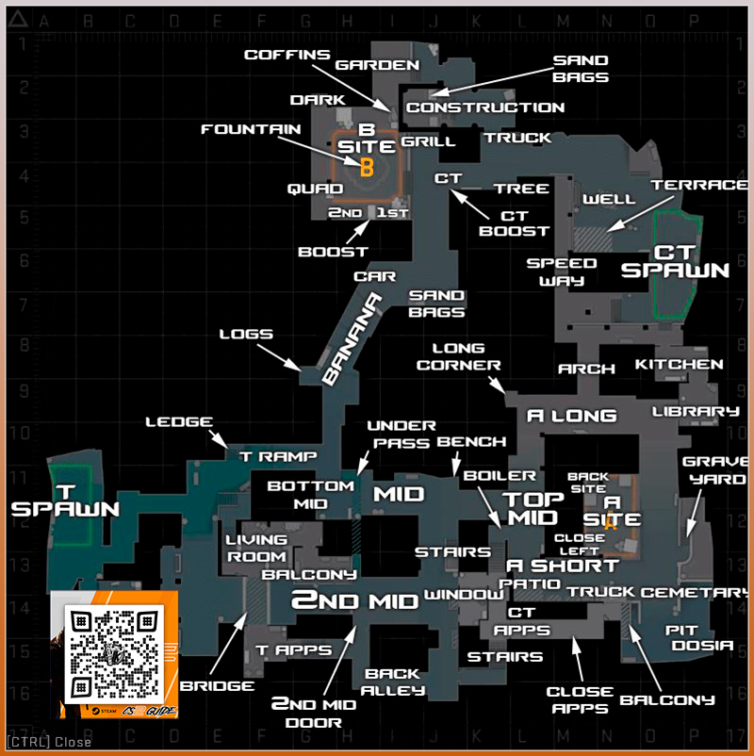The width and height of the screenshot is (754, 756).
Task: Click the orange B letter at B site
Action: pos(367,168)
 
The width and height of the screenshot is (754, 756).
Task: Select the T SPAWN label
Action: pos(65,500)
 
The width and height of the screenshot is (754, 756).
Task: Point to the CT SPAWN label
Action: pos(675,261)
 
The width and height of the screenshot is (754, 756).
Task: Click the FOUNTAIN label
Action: pos(251,129)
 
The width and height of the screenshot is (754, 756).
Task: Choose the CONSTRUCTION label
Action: pos(485,107)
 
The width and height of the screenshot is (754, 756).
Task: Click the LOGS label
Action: pos(246,334)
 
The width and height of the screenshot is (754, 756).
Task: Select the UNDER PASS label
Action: pos(402,434)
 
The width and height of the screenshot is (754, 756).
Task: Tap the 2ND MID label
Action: pos(353,600)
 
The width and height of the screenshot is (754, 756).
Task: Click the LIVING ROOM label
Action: pos(255,548)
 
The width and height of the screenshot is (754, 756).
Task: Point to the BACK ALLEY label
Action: pos(395,682)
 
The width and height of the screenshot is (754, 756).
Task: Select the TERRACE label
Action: pos(699,185)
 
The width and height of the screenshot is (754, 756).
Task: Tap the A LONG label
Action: pos(571,415)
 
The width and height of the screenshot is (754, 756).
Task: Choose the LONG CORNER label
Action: pos(459,357)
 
